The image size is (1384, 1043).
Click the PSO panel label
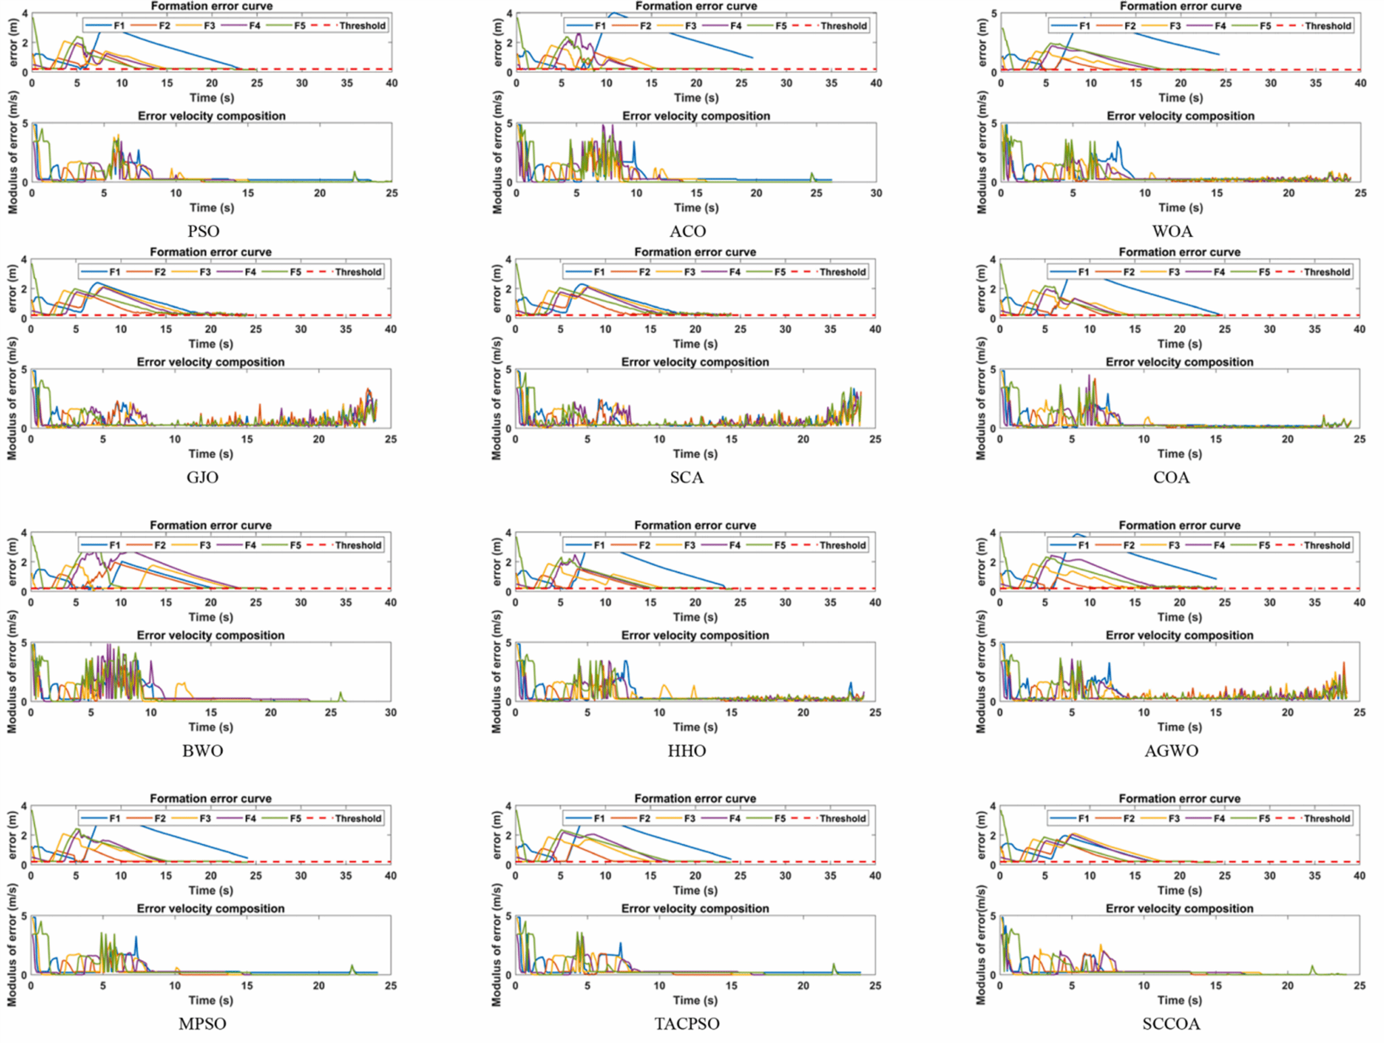click(203, 231)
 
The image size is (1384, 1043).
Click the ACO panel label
click(687, 231)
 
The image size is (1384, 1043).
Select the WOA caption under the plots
click(1172, 231)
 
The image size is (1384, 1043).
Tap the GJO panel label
click(203, 478)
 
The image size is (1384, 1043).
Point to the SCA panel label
click(687, 478)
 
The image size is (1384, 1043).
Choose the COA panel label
click(1171, 478)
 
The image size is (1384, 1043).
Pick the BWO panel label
click(203, 751)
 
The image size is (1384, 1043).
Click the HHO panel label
click(687, 751)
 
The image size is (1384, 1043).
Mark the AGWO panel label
click(1171, 751)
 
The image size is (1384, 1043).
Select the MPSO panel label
click(203, 1023)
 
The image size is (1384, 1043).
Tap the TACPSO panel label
click(687, 1023)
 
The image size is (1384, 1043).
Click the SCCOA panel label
click(1171, 1023)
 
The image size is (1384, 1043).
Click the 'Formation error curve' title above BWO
click(211, 525)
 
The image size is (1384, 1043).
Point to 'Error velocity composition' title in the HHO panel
click(695, 635)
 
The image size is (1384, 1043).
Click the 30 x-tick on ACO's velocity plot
click(876, 193)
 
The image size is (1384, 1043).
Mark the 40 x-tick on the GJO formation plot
click(391, 329)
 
